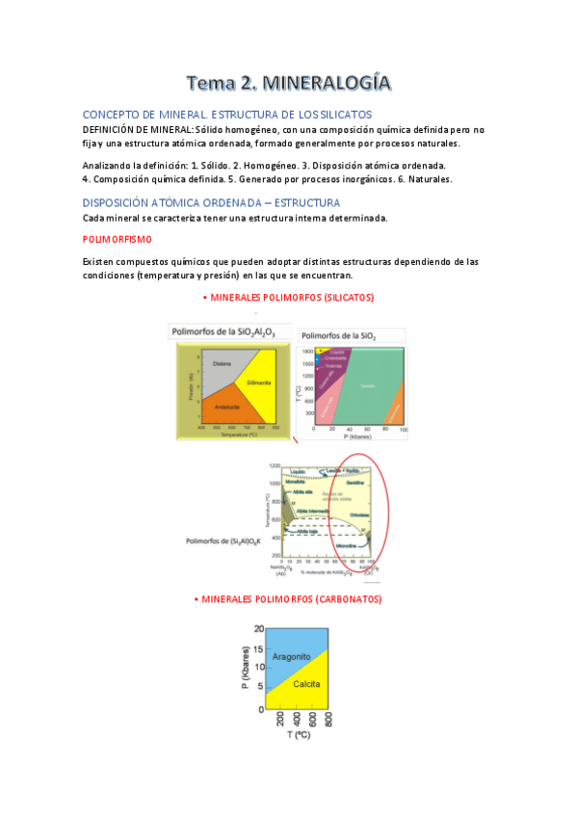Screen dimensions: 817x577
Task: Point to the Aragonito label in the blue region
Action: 290,656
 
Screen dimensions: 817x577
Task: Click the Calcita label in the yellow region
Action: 306,684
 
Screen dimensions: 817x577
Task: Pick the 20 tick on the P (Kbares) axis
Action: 257,628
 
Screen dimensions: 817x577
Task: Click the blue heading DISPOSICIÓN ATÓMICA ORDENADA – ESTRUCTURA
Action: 211,202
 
